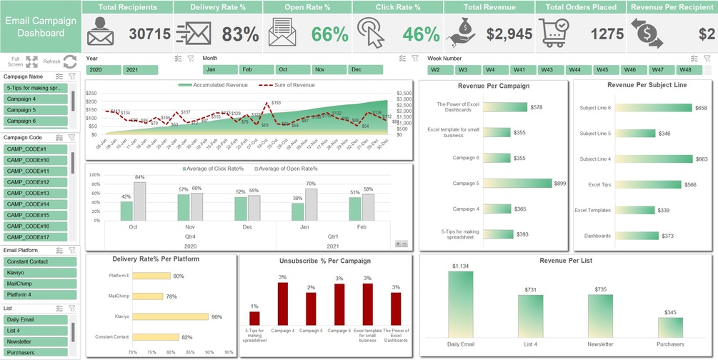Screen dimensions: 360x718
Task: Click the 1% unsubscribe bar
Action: click(x=255, y=318)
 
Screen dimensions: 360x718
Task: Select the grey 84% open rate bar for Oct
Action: click(x=139, y=201)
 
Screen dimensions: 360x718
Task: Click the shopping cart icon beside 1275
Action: click(x=555, y=33)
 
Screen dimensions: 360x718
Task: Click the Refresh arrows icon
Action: click(x=70, y=62)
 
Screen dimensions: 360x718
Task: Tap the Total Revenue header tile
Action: click(x=489, y=7)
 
